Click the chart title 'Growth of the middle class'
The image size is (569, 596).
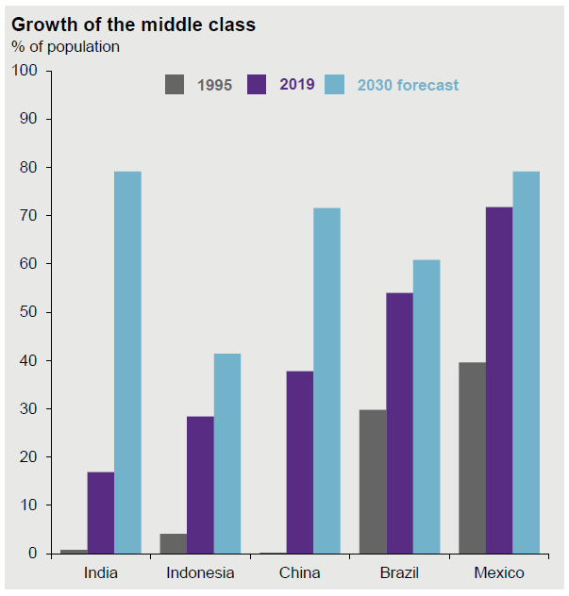pos(133,25)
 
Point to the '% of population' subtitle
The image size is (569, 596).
pos(65,46)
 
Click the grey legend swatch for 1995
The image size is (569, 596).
pos(176,84)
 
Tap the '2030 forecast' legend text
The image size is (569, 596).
pos(408,85)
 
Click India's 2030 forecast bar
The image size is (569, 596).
pos(127,362)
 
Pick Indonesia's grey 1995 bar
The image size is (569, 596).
pos(174,543)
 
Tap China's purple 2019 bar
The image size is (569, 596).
pos(300,462)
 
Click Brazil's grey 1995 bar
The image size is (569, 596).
pos(373,481)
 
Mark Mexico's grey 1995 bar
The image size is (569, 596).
pos(472,457)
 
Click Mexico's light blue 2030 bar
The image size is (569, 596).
pos(526,362)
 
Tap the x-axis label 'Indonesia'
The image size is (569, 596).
pos(200,573)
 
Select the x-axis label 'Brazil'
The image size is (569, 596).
pos(399,573)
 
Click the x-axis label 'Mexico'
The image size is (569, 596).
pos(499,573)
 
